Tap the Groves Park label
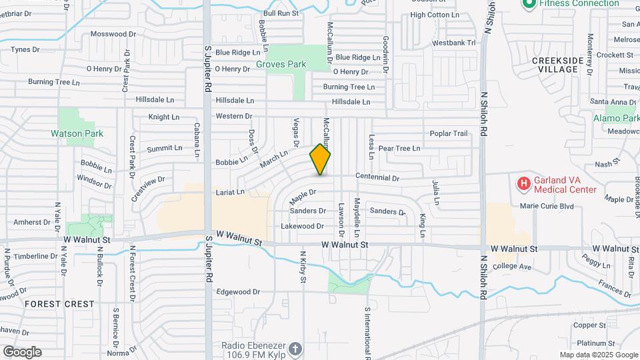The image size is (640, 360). coord(281,65)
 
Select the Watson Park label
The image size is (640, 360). coord(77,133)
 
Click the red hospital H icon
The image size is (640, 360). coord(524,183)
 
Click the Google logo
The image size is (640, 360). coord(22,352)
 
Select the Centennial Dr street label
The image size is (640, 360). coord(377,178)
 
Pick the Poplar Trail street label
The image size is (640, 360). coord(449,133)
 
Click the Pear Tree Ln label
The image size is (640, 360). coord(399,148)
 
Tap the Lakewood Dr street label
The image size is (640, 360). coord(302,227)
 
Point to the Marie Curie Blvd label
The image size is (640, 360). coord(547,206)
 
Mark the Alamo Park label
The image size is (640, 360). coord(616,119)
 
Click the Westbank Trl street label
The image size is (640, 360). coord(453,43)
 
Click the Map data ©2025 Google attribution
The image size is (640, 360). coord(599,355)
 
